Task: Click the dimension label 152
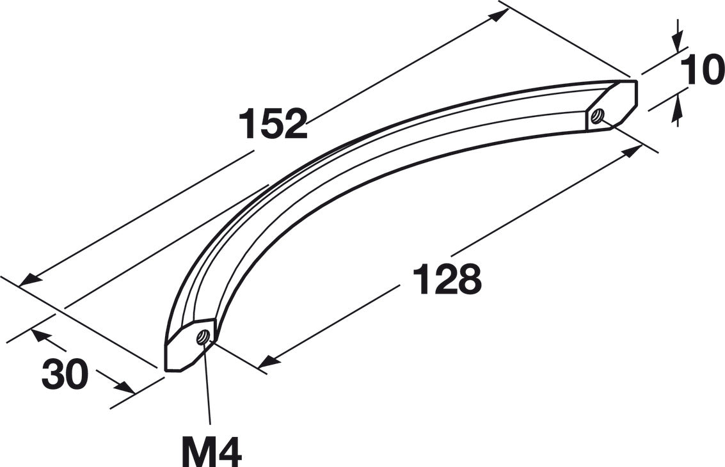click(273, 123)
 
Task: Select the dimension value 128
click(447, 279)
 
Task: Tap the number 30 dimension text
click(65, 374)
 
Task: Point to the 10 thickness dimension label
click(703, 70)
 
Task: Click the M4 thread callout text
click(211, 451)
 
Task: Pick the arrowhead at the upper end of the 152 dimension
click(499, 15)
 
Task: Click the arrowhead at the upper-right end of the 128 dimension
click(632, 151)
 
